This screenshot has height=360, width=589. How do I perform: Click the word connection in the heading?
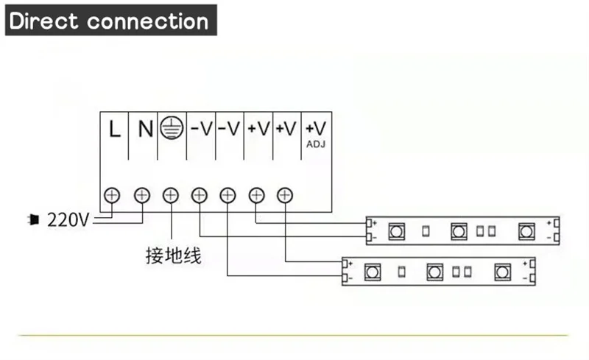point(148,21)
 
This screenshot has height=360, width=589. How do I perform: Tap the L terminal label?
point(114,130)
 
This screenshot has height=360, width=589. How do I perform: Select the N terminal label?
point(145,130)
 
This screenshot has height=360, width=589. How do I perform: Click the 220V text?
point(68,219)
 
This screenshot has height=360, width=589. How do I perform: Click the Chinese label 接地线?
point(173,256)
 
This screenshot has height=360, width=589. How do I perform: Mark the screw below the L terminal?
point(113,195)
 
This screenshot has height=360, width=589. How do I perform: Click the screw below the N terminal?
point(141,195)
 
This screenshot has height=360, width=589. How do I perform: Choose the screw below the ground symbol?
point(170,195)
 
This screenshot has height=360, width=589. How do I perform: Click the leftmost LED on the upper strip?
point(395,230)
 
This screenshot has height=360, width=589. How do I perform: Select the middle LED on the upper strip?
point(459,230)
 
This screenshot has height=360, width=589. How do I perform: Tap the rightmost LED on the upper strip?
point(526,230)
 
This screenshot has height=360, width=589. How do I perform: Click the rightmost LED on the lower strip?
point(502,271)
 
